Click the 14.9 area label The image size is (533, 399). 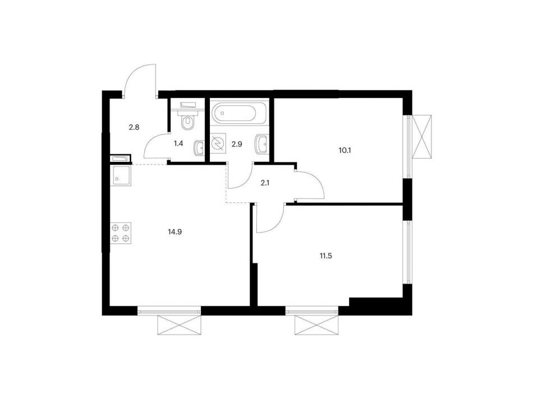174,229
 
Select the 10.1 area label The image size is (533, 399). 343,150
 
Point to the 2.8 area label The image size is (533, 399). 134,127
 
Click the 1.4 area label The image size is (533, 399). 178,143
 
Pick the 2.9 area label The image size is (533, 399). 236,144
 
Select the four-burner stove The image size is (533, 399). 121,233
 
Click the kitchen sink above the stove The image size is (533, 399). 121,176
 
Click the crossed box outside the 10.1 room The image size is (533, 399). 422,136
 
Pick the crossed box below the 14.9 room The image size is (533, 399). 179,324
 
